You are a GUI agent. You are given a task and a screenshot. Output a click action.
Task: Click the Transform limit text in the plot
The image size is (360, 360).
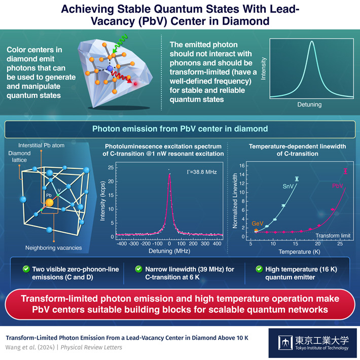point(330,235)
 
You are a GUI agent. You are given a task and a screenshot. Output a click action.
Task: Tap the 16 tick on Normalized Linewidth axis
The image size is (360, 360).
point(242,166)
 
